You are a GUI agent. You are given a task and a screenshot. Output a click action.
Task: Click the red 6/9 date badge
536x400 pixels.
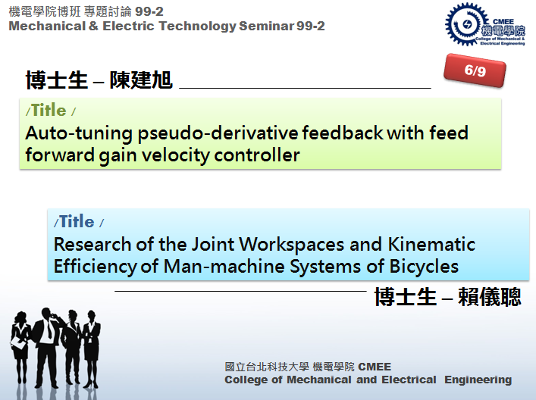click(x=475, y=70)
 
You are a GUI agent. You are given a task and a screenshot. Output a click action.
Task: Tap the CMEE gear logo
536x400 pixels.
click(x=484, y=24)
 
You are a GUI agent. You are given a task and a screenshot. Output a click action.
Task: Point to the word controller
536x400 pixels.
click(x=257, y=155)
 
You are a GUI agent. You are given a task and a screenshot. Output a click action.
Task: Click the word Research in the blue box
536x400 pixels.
click(x=92, y=245)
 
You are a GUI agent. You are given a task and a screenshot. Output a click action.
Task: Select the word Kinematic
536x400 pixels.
click(x=431, y=245)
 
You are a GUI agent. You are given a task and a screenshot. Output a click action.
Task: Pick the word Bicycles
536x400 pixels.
click(x=424, y=267)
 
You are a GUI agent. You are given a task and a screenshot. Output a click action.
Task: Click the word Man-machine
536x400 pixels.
click(x=224, y=267)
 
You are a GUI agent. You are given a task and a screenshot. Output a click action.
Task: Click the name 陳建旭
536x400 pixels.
click(x=141, y=80)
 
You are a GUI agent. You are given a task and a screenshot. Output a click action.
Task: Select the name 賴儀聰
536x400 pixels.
click(x=490, y=296)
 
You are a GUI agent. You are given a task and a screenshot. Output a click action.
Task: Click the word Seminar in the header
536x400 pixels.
click(x=266, y=26)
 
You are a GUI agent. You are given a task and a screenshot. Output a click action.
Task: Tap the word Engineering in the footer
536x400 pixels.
click(x=478, y=380)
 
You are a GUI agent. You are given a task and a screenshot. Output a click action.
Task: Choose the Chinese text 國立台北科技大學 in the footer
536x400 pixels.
click(x=267, y=367)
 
